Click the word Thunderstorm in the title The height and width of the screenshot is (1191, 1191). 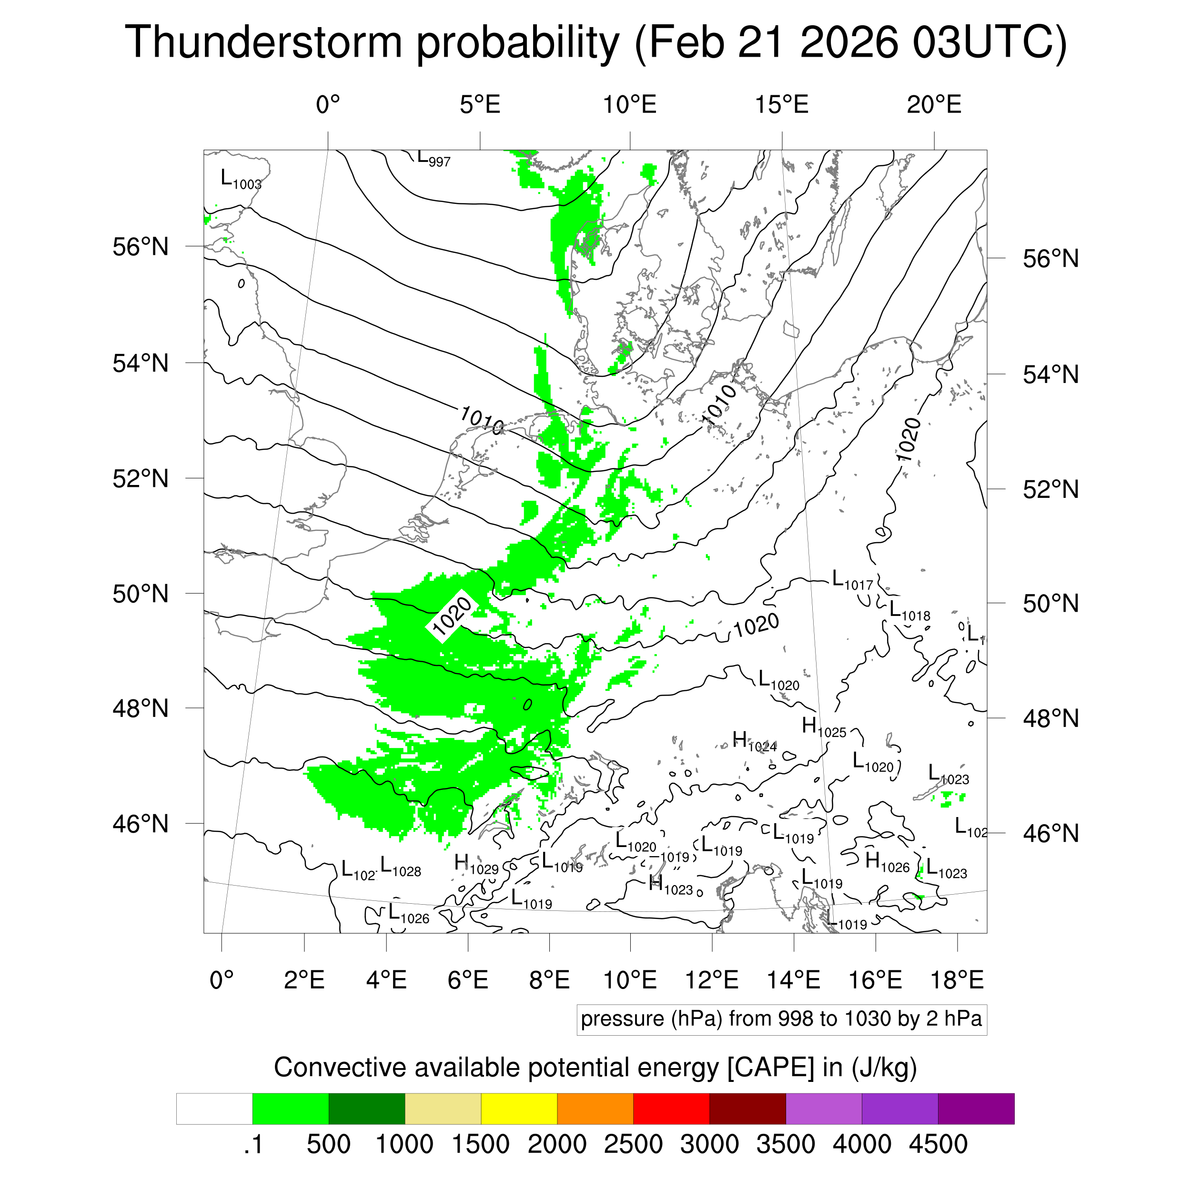pos(264,42)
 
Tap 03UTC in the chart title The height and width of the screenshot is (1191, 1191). pos(989,42)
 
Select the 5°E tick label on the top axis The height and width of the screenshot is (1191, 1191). pos(480,105)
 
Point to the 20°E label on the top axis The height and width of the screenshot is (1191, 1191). pos(933,105)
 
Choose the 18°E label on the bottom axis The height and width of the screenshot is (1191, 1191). pos(956,979)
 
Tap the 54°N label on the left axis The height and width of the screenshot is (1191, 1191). pos(141,363)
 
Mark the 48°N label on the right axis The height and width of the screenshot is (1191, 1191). pos(1050,718)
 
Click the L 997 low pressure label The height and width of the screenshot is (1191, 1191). pos(434,159)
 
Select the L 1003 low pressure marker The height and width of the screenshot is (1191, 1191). pos(241,180)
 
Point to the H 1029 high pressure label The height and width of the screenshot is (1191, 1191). pos(476,864)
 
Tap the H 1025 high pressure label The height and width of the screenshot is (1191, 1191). pos(824,727)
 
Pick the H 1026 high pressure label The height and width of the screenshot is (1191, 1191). pos(887,862)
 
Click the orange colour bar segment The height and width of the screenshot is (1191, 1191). pos(595,1109)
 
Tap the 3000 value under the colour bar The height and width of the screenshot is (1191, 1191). pos(709,1144)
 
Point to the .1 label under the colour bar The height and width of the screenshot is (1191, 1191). pos(253,1144)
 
